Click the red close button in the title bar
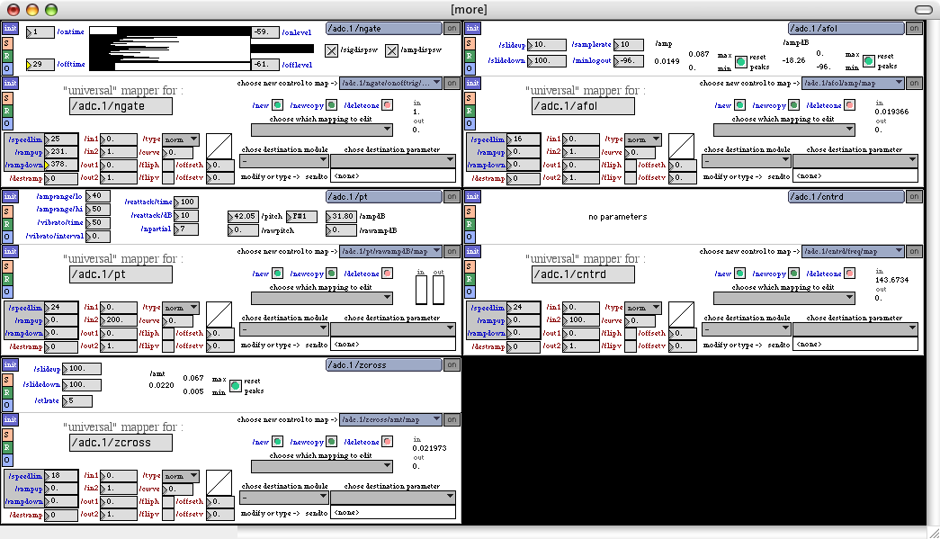[13, 9]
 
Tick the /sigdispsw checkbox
[331, 50]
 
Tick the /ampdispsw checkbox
[391, 50]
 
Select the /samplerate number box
[630, 45]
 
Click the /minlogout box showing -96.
[630, 61]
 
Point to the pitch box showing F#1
[301, 217]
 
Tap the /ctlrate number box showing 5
[76, 401]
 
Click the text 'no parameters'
[617, 217]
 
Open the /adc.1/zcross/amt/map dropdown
[391, 419]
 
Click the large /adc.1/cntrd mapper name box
[583, 274]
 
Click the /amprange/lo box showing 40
[99, 196]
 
